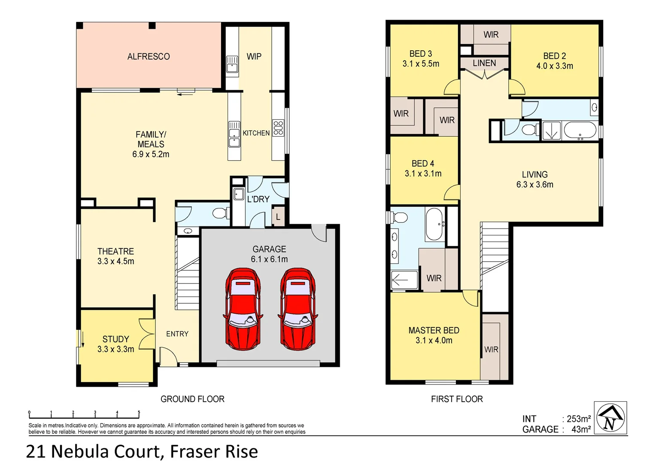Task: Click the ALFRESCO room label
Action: tap(149, 56)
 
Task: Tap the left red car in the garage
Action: tap(243, 308)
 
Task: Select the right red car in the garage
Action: tap(298, 308)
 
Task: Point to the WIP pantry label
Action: tap(254, 56)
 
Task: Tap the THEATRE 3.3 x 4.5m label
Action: tap(115, 256)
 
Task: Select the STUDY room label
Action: tap(115, 339)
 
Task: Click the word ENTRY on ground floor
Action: tap(177, 334)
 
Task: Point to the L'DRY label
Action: tap(258, 199)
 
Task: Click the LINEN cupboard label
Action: tap(484, 63)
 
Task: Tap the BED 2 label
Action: tap(554, 56)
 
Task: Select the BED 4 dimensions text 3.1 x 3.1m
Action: tap(423, 174)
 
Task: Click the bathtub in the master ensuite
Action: tap(436, 224)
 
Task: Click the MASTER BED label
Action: tap(434, 330)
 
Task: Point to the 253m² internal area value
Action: tap(579, 418)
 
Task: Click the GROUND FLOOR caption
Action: tap(192, 399)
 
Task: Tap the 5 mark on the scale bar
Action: tap(139, 412)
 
